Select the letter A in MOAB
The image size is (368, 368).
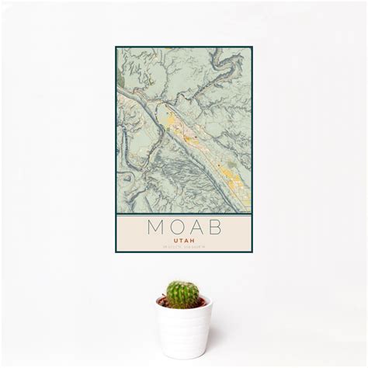coord(195,229)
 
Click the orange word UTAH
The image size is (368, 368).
coord(184,241)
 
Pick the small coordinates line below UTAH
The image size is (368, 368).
coord(184,248)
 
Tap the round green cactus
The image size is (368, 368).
coord(183,294)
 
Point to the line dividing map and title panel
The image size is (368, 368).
coord(184,214)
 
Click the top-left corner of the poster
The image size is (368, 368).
coord(116,47)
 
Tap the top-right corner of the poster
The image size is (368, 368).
coord(252,47)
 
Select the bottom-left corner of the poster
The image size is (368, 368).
coord(116,252)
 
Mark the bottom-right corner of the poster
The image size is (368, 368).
coord(252,252)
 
